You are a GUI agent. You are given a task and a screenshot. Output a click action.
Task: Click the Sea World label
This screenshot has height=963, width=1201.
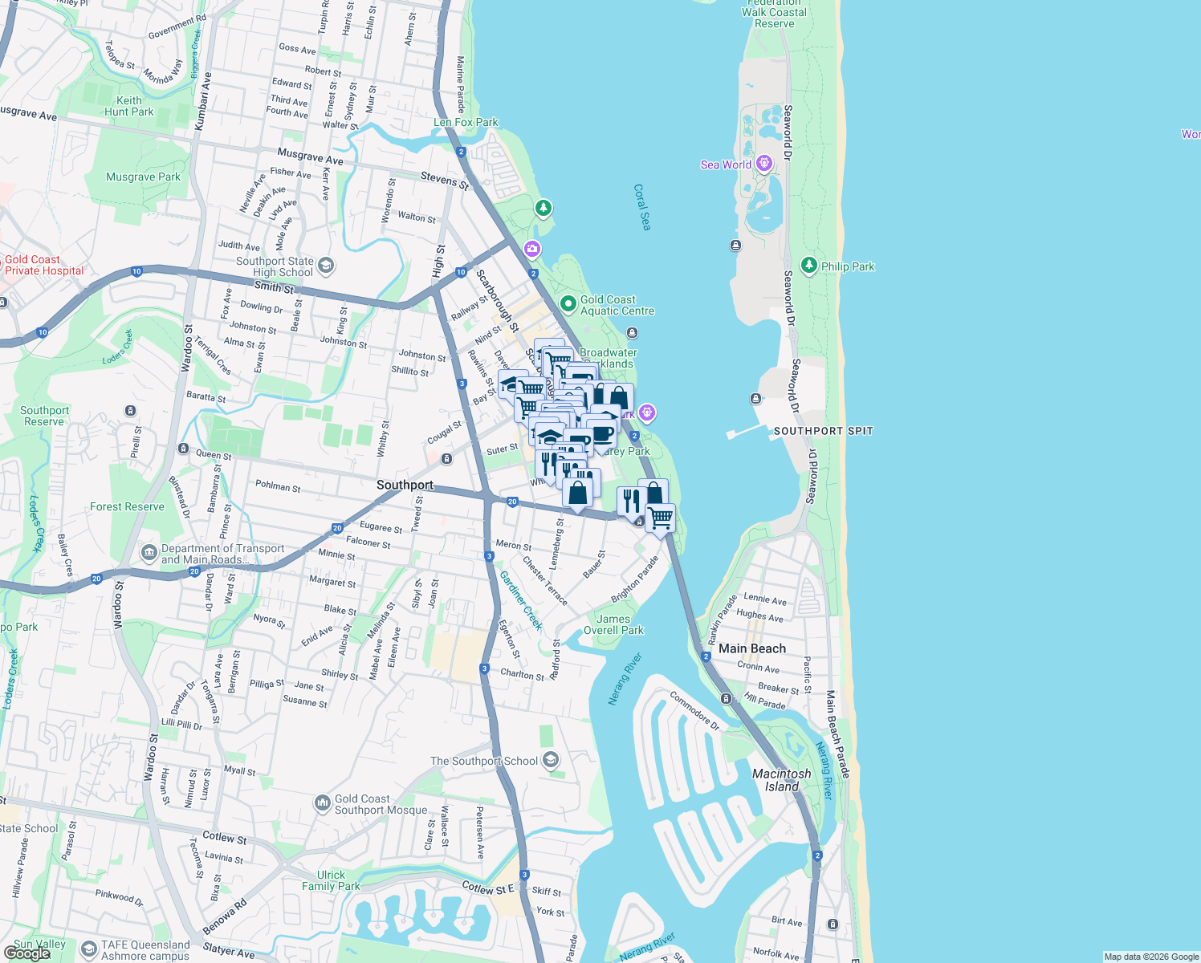coord(726,165)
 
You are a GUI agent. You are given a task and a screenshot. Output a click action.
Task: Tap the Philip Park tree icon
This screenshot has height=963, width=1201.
coord(808,266)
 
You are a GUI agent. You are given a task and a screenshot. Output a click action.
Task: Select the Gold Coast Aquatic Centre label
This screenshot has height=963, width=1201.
coord(617,305)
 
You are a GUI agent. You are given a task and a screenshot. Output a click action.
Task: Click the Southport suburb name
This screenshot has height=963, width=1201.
coord(405,485)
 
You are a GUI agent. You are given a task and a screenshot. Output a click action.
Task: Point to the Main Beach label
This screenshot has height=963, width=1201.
coord(752,648)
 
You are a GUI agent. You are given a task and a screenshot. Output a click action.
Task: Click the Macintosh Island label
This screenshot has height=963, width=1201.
coord(781,780)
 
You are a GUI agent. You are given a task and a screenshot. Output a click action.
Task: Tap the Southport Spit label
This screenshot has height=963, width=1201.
coord(823,431)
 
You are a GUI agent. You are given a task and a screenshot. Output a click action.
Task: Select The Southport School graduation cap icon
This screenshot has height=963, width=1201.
coord(550,760)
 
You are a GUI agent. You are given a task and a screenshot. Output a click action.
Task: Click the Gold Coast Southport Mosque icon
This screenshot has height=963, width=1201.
coord(322,802)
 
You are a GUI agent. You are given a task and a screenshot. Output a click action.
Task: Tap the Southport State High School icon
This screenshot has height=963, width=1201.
coord(325,266)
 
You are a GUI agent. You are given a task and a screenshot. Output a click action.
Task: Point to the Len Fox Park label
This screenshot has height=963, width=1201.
coord(466,122)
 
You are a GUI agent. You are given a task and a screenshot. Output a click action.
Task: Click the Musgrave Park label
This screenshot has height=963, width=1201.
coord(144,177)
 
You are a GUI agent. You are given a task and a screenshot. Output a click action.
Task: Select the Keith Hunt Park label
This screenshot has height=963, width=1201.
coord(128,106)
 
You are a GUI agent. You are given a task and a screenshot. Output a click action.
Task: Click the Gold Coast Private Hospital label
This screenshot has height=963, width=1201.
coord(43,265)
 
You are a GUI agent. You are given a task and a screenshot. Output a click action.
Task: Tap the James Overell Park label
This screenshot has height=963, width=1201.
coord(613,624)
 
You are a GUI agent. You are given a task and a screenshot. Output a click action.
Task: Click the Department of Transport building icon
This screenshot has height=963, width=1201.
coord(149,552)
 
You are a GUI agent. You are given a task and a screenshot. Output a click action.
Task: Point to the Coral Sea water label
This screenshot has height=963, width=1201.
coord(641,207)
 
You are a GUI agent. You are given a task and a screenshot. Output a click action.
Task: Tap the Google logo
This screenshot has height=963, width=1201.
coord(27,953)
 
